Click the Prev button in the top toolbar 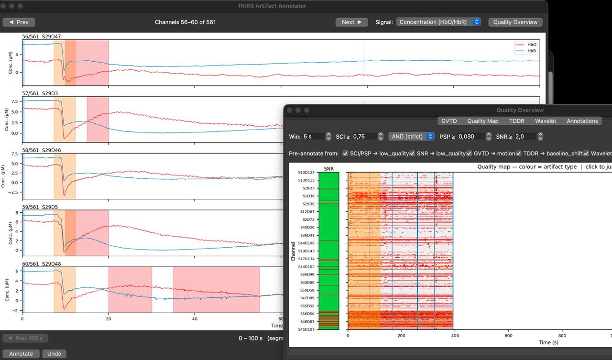click(19, 22)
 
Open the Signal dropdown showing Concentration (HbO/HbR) click(438, 22)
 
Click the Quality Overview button click(515, 22)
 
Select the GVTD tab click(449, 121)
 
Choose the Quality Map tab click(482, 121)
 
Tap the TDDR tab click(516, 121)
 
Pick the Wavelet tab click(546, 121)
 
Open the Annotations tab click(582, 121)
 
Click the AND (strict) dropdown click(411, 136)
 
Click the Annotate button click(21, 353)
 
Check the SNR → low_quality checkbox click(412, 153)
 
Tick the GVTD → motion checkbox click(469, 153)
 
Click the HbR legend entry click(525, 51)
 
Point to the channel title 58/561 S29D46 click(42, 150)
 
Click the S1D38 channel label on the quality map click(308, 196)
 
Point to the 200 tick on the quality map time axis click(401, 336)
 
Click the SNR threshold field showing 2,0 click(525, 136)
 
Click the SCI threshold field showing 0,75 click(364, 136)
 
